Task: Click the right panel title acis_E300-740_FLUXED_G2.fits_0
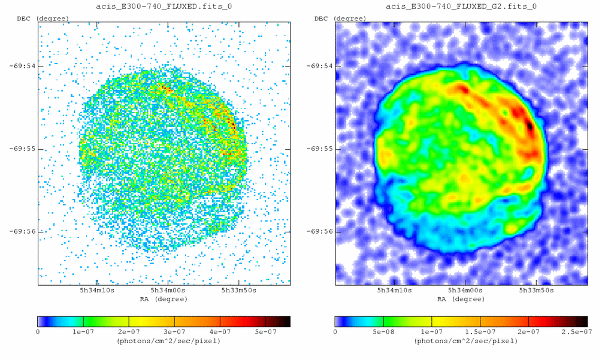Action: coord(462,7)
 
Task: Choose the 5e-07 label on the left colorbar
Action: coord(265,331)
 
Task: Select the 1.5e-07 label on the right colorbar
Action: coord(480,331)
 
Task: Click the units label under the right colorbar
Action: coord(462,340)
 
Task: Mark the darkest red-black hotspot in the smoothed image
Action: coord(530,125)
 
